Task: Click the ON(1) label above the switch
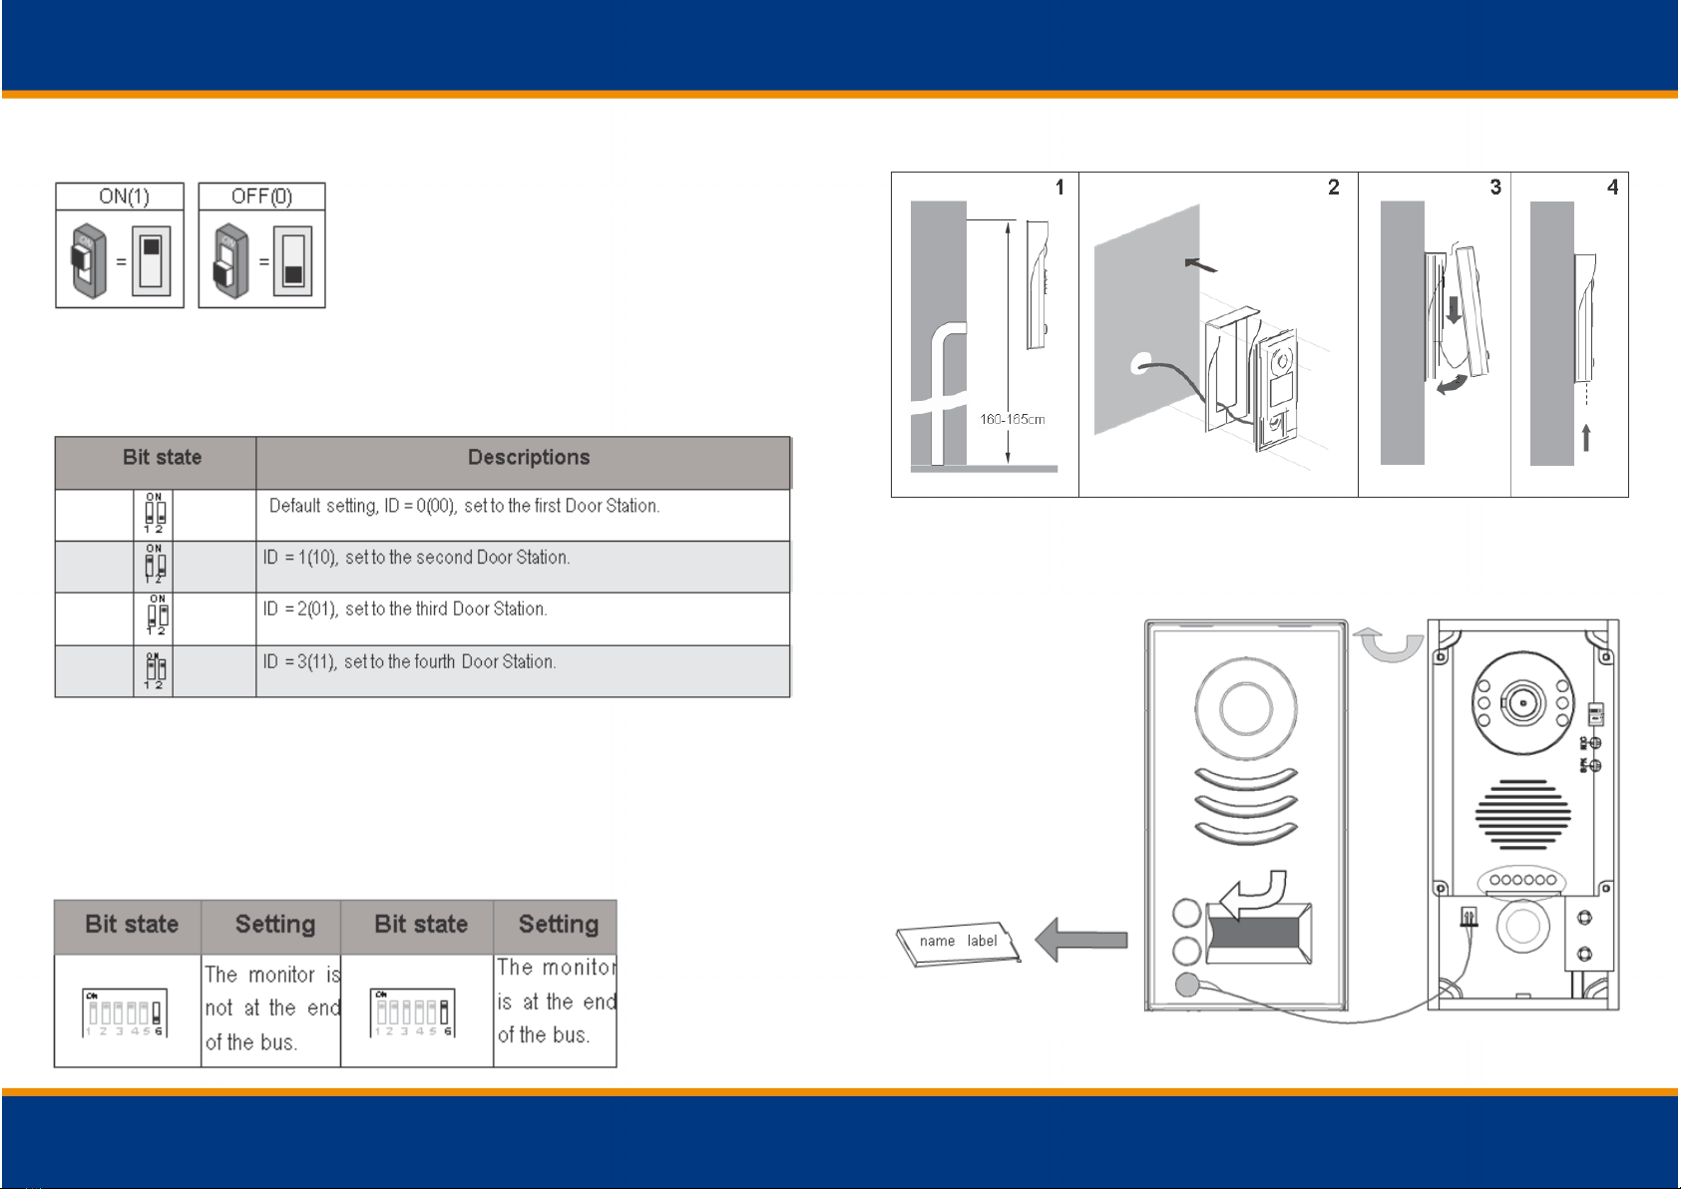point(124,197)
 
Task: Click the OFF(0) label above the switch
point(261,197)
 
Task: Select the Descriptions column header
point(528,458)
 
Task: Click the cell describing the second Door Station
point(416,558)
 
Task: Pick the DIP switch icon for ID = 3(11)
point(155,670)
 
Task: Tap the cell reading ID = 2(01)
point(405,609)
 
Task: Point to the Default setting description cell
point(464,506)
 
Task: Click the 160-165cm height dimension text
point(1012,420)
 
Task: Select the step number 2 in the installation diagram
point(1333,188)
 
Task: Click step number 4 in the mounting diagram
point(1612,188)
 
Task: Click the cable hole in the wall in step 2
point(1139,365)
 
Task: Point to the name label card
point(959,943)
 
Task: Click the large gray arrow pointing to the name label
point(1081,940)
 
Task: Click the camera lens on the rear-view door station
point(1522,702)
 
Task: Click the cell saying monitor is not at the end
point(271,1008)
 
